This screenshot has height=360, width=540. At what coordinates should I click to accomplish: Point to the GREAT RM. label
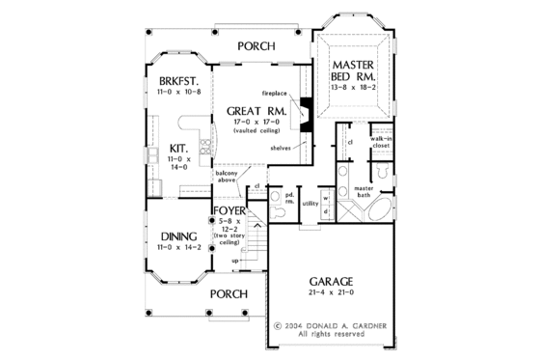coord(256,111)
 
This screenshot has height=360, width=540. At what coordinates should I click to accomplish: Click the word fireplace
coord(276,90)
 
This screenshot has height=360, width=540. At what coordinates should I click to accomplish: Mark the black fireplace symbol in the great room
coord(306,111)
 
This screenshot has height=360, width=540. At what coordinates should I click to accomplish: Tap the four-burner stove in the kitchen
coord(205,148)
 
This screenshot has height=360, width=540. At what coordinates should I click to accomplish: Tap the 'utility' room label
coord(310,205)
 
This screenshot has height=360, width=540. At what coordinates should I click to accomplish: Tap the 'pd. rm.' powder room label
coord(288,200)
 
